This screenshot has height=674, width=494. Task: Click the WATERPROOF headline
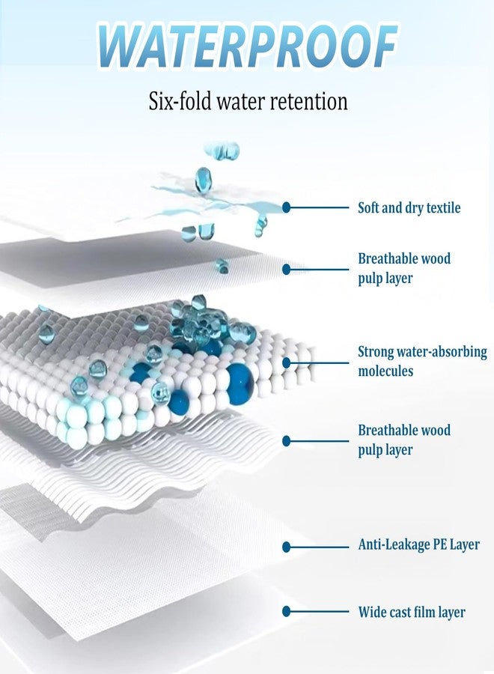pos(248,45)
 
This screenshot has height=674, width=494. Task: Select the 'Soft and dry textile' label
pos(409,207)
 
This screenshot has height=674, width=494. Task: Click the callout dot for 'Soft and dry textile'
pos(287,207)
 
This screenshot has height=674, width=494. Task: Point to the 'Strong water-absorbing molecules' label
pos(422,361)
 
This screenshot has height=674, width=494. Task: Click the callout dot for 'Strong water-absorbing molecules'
pos(287,362)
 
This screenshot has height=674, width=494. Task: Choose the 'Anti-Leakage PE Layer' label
pos(419,544)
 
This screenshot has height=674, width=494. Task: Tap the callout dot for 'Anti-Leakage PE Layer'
pos(287,547)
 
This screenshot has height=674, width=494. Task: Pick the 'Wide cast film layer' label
pos(412,612)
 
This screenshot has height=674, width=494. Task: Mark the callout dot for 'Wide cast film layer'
pos(287,611)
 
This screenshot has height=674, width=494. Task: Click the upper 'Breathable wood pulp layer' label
pos(404,268)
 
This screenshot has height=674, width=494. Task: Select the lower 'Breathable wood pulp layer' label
pos(404,440)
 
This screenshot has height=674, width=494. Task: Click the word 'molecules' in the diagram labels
pos(385,371)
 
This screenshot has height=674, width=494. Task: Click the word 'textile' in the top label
pos(443,207)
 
